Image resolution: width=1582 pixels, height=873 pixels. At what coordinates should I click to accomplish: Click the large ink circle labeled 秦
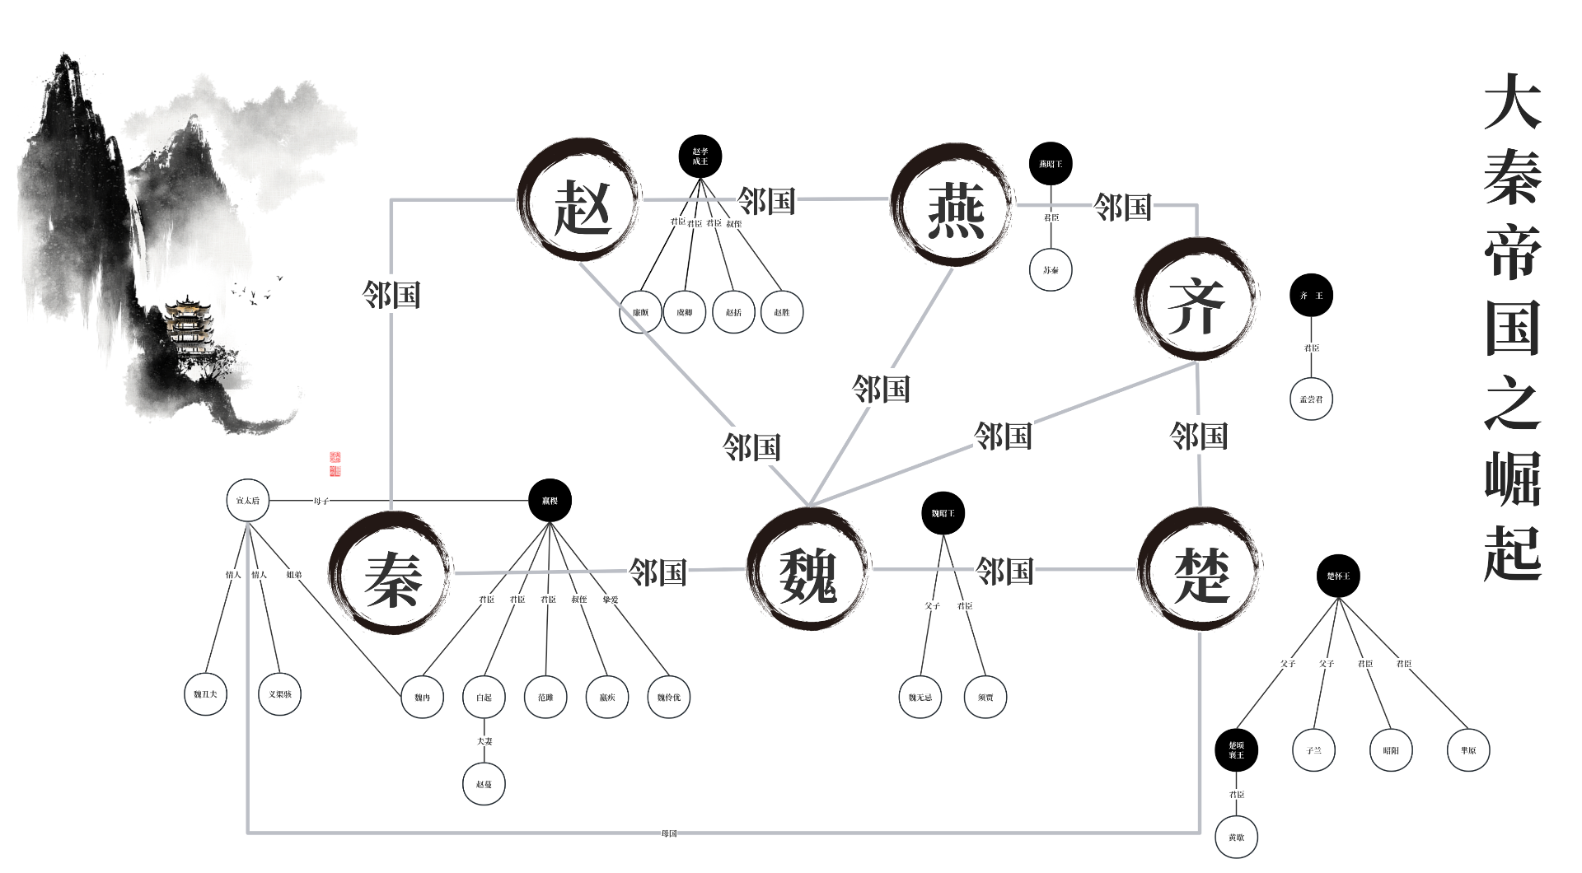click(x=391, y=572)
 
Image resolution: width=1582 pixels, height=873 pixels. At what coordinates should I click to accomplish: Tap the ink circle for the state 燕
click(x=952, y=206)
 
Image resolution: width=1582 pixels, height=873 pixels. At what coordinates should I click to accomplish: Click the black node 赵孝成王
click(x=700, y=156)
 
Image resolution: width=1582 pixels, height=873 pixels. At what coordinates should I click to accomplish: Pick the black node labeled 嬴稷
click(x=550, y=501)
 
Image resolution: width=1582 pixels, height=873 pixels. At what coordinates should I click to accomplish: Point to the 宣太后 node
click(x=248, y=501)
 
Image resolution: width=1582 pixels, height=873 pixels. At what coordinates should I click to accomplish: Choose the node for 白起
click(x=484, y=698)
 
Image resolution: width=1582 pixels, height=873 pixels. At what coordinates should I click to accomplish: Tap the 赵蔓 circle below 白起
click(x=484, y=784)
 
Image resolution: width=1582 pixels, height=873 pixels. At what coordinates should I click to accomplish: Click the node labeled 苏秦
click(x=1051, y=269)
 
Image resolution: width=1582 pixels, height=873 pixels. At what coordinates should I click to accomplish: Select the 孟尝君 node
click(x=1311, y=399)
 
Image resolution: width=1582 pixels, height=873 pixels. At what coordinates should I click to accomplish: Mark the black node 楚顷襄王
click(x=1236, y=750)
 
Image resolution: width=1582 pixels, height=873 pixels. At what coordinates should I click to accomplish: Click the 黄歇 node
click(x=1236, y=837)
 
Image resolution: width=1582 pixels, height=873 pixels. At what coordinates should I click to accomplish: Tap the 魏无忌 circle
click(x=920, y=698)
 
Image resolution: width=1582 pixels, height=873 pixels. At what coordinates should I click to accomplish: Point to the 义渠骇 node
click(x=280, y=694)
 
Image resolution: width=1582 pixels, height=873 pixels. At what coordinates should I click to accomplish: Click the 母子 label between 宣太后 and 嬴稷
click(x=321, y=501)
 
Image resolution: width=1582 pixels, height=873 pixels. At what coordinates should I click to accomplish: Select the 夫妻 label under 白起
click(x=484, y=741)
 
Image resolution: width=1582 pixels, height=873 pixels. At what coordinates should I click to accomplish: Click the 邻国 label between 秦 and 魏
click(x=658, y=572)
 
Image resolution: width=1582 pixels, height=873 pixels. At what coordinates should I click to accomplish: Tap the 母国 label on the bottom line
click(x=668, y=833)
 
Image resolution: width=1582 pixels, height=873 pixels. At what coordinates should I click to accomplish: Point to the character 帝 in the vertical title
click(x=1513, y=250)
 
